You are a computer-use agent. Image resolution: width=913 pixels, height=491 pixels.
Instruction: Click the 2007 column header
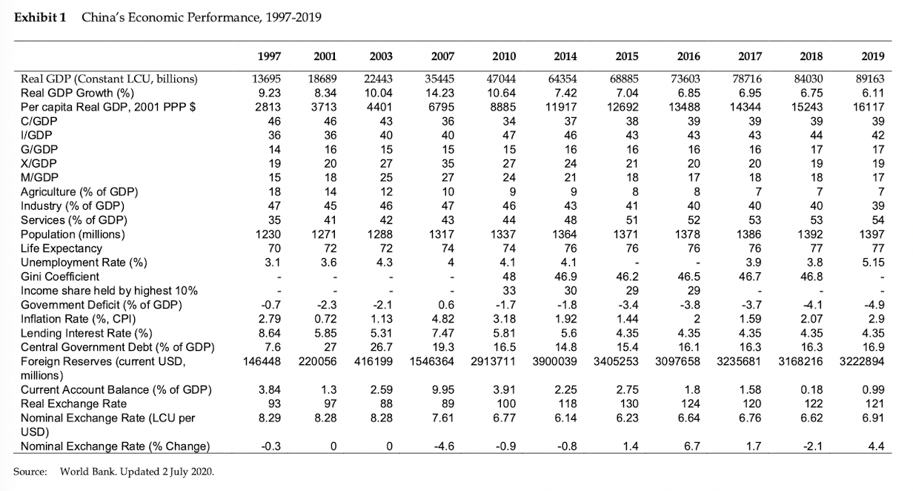(442, 56)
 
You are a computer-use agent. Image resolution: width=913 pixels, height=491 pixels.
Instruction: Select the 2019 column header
(873, 56)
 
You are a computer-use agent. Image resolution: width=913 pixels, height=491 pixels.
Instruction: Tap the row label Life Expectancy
(61, 248)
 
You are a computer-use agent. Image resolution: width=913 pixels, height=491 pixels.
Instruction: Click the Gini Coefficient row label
(60, 277)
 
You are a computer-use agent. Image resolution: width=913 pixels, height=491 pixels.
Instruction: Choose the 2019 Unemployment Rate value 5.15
(873, 263)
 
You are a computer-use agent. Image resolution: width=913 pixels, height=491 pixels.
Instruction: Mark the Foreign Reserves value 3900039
(554, 361)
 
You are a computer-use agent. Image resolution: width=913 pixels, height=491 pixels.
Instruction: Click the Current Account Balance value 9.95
(443, 390)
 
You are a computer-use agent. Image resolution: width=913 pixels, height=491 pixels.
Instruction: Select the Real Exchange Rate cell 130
(629, 403)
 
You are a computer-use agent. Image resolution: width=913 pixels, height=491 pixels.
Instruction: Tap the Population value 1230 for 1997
(268, 234)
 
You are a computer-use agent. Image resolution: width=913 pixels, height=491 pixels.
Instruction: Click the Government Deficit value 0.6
(446, 305)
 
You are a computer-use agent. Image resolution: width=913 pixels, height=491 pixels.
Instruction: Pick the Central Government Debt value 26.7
(381, 347)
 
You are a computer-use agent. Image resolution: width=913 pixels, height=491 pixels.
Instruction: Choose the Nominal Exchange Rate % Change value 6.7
(691, 446)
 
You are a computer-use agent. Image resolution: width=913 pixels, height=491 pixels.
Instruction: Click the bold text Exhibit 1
(40, 18)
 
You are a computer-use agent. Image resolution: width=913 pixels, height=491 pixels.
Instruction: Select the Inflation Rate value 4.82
(443, 319)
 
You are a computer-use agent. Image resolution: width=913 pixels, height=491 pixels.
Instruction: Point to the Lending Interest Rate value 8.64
(270, 333)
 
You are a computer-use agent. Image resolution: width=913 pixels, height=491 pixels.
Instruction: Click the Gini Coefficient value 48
(508, 277)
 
